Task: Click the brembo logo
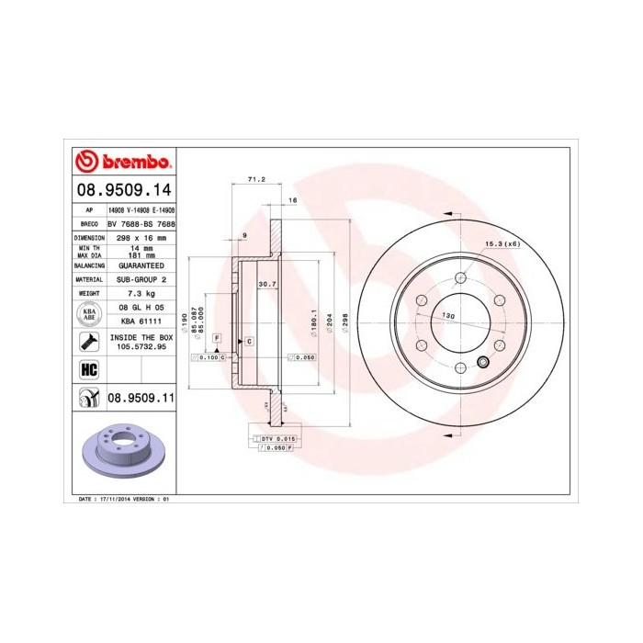click(x=123, y=162)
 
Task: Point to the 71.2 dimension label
click(x=256, y=179)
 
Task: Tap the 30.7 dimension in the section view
click(x=267, y=284)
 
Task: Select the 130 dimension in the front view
click(x=449, y=315)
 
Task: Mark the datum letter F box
click(x=217, y=339)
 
